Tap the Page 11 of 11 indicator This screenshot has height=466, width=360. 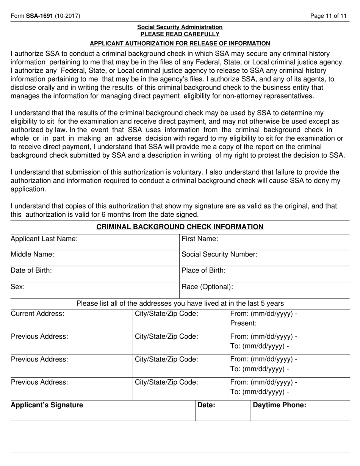[328, 16]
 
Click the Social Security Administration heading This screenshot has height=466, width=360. [180, 27]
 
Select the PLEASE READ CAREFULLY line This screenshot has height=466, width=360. [180, 34]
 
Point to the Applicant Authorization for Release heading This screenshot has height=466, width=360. [180, 43]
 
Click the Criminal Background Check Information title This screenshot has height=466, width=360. [180, 227]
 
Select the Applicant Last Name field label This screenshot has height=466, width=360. [44, 239]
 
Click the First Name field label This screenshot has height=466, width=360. [200, 239]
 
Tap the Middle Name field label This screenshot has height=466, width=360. [32, 255]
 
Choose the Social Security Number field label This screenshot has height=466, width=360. [219, 255]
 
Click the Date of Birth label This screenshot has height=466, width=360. [31, 271]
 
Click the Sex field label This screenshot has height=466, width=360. [18, 287]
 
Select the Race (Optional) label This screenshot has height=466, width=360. [207, 287]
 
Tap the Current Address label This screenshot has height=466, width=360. [38, 314]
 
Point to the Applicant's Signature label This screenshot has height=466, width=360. [47, 405]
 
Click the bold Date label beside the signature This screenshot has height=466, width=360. [207, 405]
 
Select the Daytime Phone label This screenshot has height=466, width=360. [279, 405]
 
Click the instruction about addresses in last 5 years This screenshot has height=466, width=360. [180, 303]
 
